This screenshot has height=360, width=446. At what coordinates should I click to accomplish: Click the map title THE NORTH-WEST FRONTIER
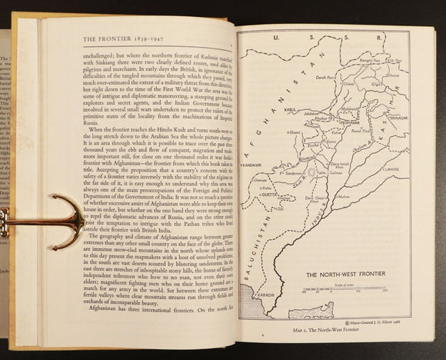(x=339, y=273)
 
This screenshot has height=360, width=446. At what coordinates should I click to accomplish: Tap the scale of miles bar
(x=338, y=291)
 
